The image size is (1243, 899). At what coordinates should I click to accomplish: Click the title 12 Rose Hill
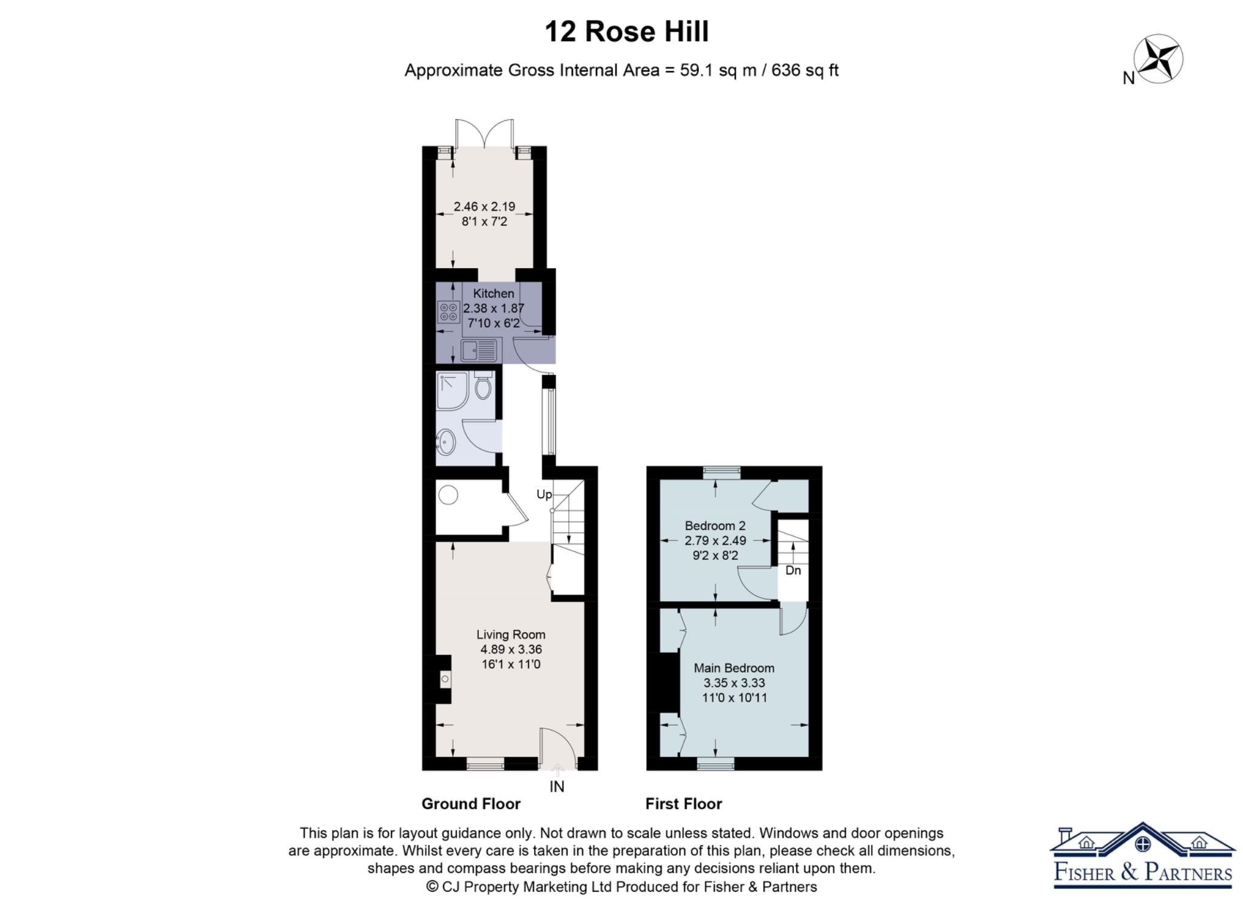626,32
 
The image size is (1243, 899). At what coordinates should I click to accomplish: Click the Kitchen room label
493,294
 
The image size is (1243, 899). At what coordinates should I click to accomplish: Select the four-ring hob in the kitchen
449,312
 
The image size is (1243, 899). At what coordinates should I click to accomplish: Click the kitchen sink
478,351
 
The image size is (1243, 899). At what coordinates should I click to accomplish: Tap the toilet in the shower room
483,386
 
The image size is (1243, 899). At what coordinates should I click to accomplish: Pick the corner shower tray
452,391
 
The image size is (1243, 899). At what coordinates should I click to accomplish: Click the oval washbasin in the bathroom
446,442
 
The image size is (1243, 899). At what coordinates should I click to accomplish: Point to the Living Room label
511,635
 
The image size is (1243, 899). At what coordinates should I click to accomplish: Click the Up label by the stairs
544,494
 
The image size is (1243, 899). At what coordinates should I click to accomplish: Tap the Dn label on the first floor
793,570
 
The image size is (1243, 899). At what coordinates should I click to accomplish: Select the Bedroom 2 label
716,526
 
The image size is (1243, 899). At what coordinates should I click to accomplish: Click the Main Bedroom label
734,668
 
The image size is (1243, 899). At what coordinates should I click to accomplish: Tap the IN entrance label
557,787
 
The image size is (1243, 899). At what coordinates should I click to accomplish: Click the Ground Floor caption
471,804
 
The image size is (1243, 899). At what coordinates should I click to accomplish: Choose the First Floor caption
684,804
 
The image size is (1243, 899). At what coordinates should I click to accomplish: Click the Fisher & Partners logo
1143,855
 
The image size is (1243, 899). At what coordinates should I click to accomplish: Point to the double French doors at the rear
484,133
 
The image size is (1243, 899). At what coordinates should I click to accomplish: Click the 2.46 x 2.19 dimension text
484,206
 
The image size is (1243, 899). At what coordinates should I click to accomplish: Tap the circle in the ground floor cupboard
449,495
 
